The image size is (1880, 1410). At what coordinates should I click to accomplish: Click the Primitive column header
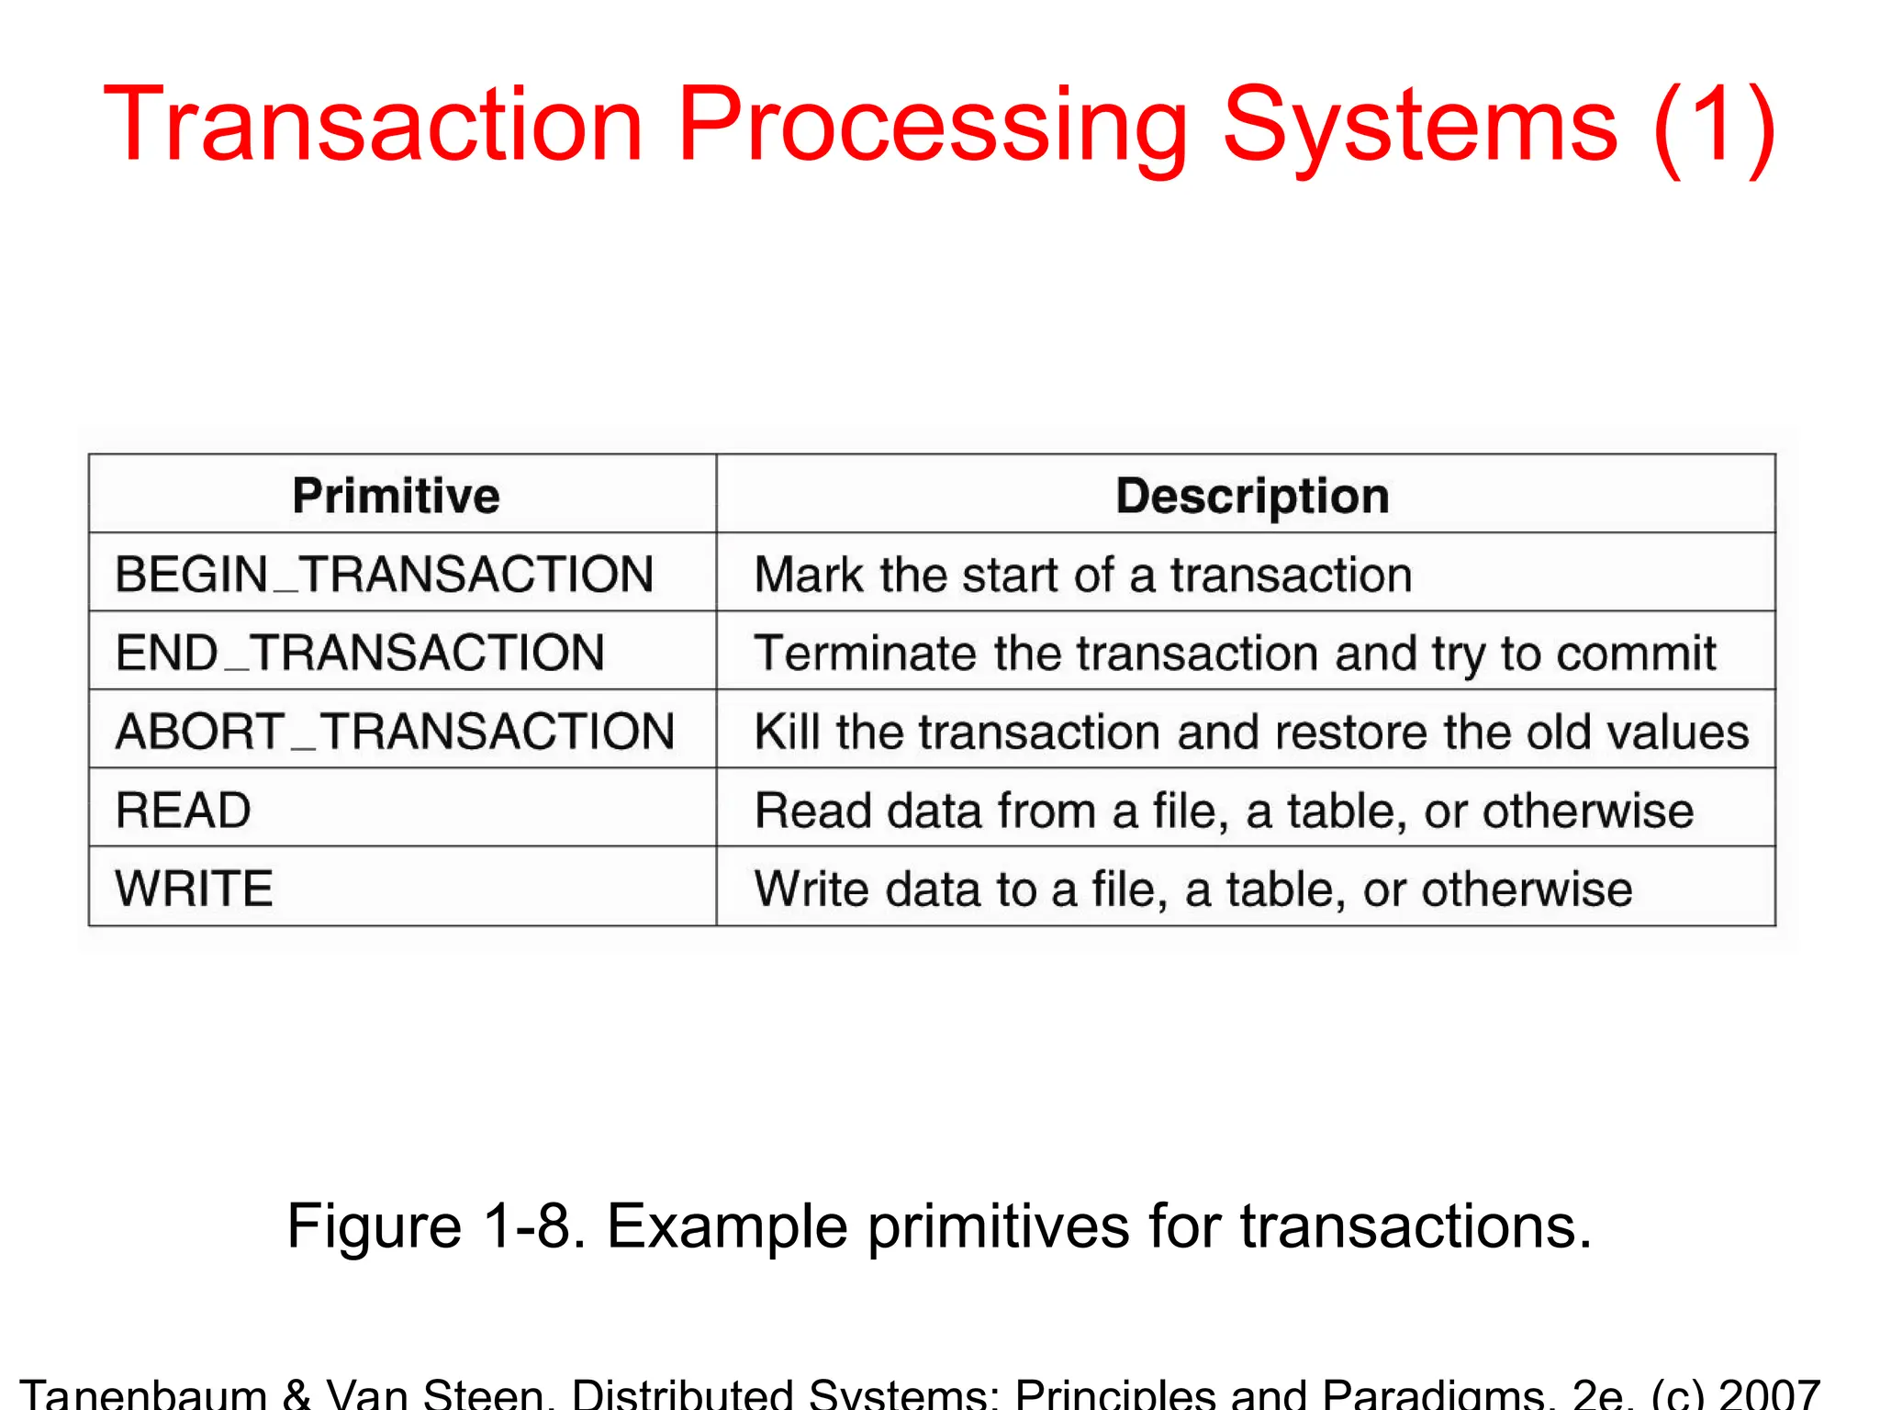[396, 496]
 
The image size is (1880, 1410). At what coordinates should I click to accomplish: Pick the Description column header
[1252, 496]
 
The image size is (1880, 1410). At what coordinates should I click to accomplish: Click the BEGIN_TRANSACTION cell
[384, 575]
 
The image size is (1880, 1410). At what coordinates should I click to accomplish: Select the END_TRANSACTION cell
[360, 653]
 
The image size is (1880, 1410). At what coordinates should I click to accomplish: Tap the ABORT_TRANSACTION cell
[395, 732]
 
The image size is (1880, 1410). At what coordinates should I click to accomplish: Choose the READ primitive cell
[183, 811]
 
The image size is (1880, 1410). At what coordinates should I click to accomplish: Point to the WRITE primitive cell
[194, 889]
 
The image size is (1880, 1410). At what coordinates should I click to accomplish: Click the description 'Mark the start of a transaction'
[1082, 575]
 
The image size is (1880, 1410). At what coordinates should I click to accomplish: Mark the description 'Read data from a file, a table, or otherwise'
[1223, 811]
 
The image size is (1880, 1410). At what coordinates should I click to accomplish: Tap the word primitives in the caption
[999, 1227]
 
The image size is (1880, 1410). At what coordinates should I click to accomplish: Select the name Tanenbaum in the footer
[143, 1393]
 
